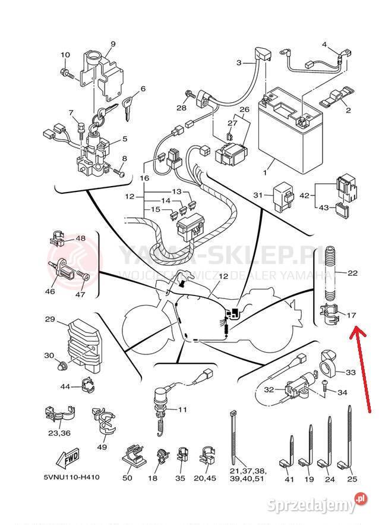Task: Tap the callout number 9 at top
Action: (x=113, y=43)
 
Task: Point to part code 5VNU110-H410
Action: (x=71, y=477)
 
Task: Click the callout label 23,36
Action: (x=58, y=433)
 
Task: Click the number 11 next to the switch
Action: (x=182, y=409)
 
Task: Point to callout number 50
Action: (x=128, y=477)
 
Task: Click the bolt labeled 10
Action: (x=67, y=74)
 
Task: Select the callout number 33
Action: (x=350, y=372)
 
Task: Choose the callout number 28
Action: (x=181, y=108)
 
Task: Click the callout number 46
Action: (x=50, y=291)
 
